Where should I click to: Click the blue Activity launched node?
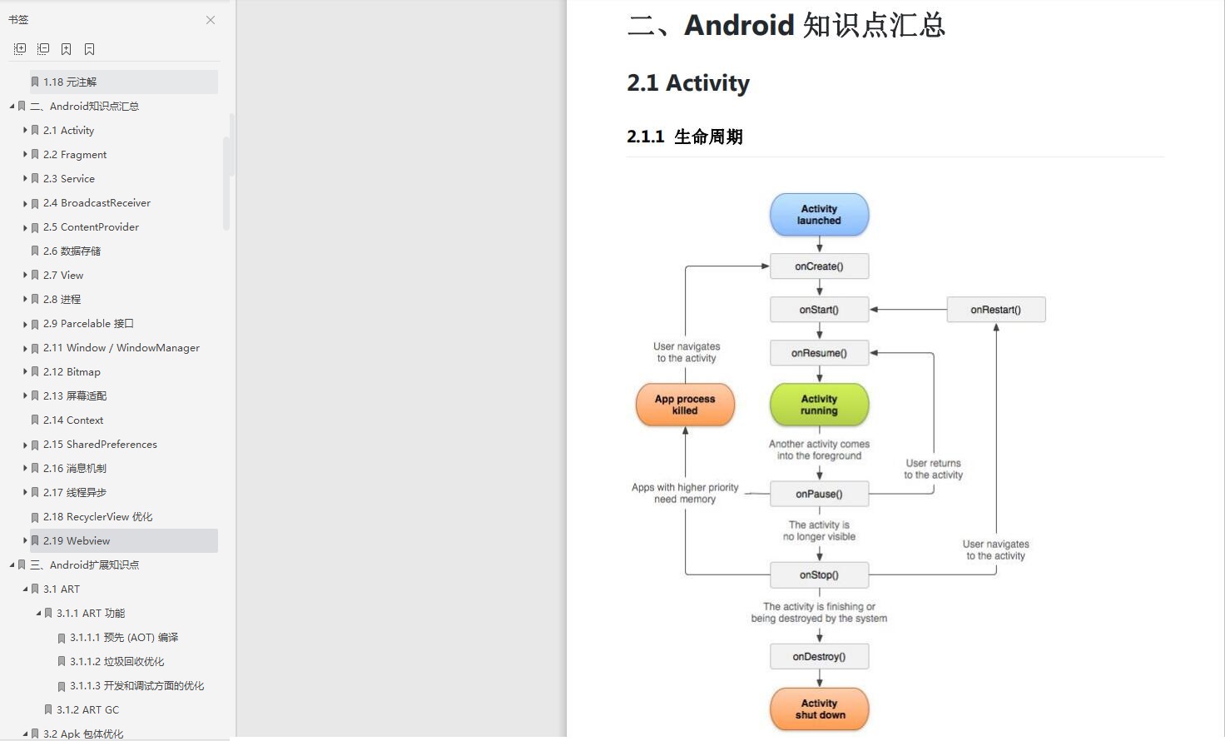pyautogui.click(x=819, y=215)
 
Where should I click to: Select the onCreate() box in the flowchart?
pyautogui.click(x=819, y=266)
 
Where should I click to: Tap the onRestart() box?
pyautogui.click(x=995, y=310)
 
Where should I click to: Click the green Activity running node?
pyautogui.click(x=819, y=405)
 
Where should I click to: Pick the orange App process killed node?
pyautogui.click(x=685, y=405)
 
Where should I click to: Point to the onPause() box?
pyautogui.click(x=819, y=494)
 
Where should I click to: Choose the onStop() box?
pyautogui.click(x=819, y=575)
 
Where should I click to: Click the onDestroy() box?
pyautogui.click(x=819, y=657)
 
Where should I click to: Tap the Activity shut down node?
pyautogui.click(x=819, y=709)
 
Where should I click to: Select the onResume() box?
pyautogui.click(x=819, y=353)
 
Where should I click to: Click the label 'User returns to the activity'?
pyautogui.click(x=933, y=469)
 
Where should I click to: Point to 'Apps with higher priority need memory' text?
pyautogui.click(x=685, y=493)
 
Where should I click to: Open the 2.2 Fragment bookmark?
pyautogui.click(x=75, y=155)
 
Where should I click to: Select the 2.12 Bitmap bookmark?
pyautogui.click(x=72, y=372)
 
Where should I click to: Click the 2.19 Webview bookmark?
pyautogui.click(x=77, y=541)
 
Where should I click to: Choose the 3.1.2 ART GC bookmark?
pyautogui.click(x=87, y=710)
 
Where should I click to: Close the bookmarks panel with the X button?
pyautogui.click(x=211, y=20)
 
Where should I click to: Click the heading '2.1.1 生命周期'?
pyautogui.click(x=685, y=137)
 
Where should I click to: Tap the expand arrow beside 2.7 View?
pyautogui.click(x=25, y=276)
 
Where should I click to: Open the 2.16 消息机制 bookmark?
pyautogui.click(x=75, y=469)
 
